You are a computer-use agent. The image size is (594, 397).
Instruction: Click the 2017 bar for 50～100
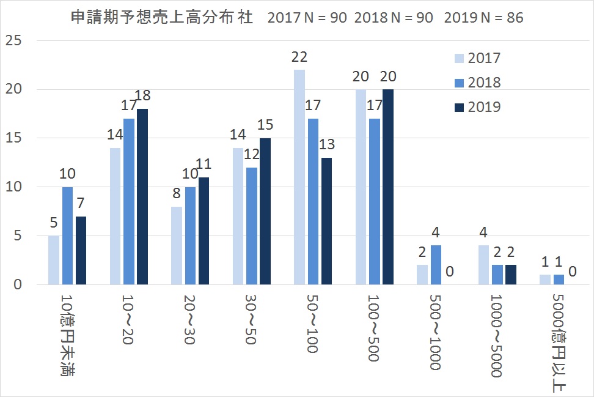pyautogui.click(x=299, y=177)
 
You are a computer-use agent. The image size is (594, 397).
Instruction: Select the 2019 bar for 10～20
pyautogui.click(x=142, y=197)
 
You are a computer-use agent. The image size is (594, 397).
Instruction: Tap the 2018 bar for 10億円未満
pyautogui.click(x=68, y=236)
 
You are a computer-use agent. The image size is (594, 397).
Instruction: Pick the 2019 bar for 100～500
pyautogui.click(x=388, y=187)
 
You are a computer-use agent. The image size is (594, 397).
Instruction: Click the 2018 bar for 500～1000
pyautogui.click(x=436, y=265)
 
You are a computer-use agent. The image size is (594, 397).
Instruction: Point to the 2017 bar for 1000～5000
pyautogui.click(x=483, y=265)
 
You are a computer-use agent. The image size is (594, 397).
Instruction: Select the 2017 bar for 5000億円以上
pyautogui.click(x=545, y=280)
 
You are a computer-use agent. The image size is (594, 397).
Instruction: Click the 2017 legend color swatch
pyautogui.click(x=459, y=59)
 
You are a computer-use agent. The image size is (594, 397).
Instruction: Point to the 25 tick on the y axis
pyautogui.click(x=13, y=41)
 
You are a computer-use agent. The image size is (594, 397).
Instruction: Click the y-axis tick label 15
pyautogui.click(x=13, y=138)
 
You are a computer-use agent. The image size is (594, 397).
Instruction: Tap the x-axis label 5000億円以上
pyautogui.click(x=558, y=343)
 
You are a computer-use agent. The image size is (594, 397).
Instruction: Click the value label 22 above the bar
pyautogui.click(x=299, y=57)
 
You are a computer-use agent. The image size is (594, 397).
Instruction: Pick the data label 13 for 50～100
pyautogui.click(x=328, y=145)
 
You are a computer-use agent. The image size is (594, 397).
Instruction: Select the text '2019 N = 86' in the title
pyautogui.click(x=483, y=18)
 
